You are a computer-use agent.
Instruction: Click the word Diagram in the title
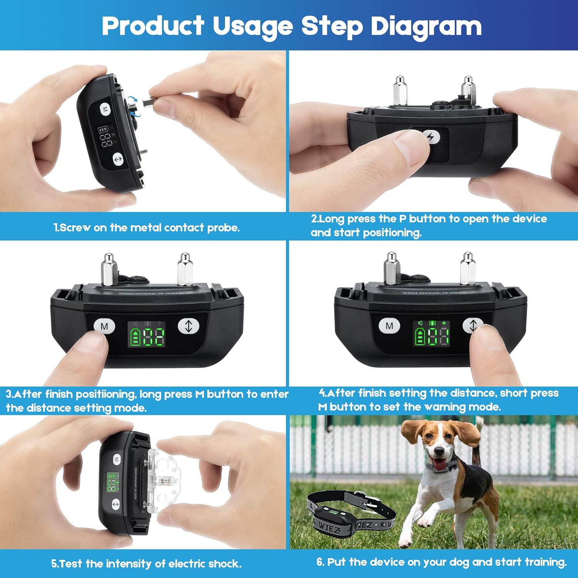pos(426,26)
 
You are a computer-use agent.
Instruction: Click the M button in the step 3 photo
pos(104,326)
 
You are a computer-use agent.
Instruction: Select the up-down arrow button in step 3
pos(188,326)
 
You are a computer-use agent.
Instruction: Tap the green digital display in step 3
pos(147,334)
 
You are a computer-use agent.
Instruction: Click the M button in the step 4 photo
pos(389,326)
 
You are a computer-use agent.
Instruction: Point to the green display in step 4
pos(431,334)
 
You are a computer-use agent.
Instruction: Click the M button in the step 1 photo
pos(105,109)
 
